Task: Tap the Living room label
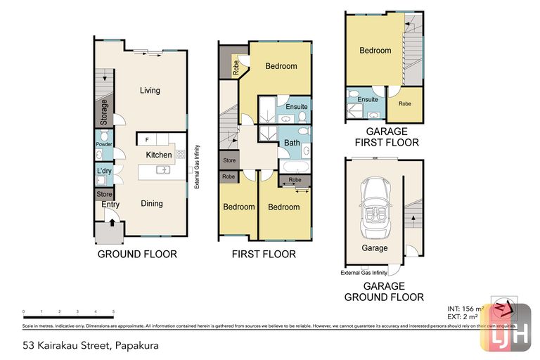click(x=150, y=90)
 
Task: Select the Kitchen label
click(x=158, y=155)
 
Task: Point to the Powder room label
click(x=103, y=145)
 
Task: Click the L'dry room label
click(x=103, y=172)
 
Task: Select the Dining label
click(x=151, y=204)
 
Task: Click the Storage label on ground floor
click(x=104, y=112)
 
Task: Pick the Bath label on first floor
click(x=292, y=143)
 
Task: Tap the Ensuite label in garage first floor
click(x=368, y=100)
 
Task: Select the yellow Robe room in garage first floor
click(x=405, y=103)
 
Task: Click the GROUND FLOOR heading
click(x=137, y=254)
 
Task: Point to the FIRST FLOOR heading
click(x=264, y=254)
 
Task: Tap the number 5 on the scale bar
click(x=113, y=311)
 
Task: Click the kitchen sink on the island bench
click(x=164, y=169)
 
